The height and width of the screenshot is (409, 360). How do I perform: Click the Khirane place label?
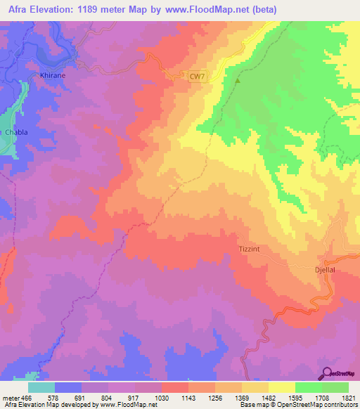tap(53, 73)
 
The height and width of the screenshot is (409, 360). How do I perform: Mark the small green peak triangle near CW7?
tap(238, 80)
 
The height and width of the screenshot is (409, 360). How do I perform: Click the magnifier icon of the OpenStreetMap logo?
tap(327, 372)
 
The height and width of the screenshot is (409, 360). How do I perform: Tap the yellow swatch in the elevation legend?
tap(282, 387)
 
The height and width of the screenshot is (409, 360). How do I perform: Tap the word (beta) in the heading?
tap(266, 10)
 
